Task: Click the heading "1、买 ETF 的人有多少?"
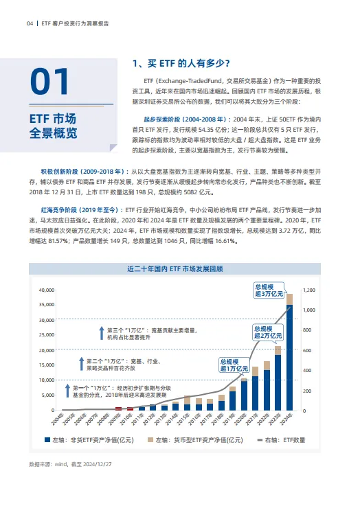click(x=180, y=64)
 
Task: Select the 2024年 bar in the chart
click(x=289, y=357)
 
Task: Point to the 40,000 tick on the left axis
click(x=46, y=290)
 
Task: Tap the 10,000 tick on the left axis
click(x=46, y=380)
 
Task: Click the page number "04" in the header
click(x=30, y=23)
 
